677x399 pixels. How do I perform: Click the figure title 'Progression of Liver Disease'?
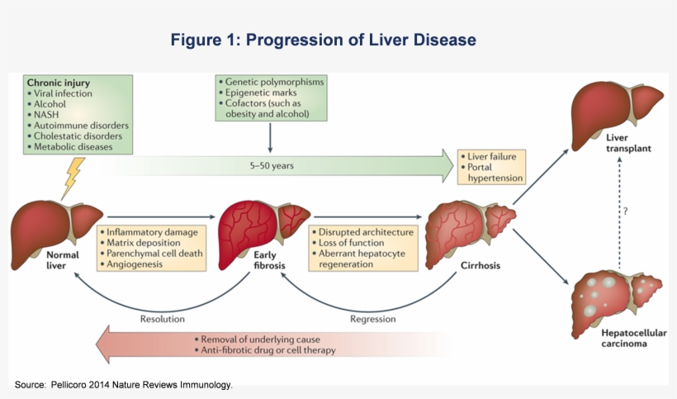click(x=324, y=40)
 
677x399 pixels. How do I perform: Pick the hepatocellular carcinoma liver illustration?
click(x=618, y=297)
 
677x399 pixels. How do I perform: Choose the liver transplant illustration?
click(x=618, y=105)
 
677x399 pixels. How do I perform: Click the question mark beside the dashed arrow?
click(x=626, y=212)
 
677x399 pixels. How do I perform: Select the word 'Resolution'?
click(x=162, y=318)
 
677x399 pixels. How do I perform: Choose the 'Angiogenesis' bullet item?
click(x=136, y=266)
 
